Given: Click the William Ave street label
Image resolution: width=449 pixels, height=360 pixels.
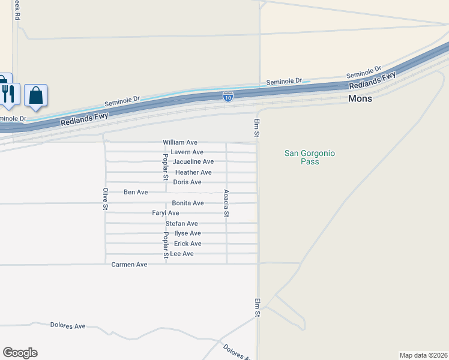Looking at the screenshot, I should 180,142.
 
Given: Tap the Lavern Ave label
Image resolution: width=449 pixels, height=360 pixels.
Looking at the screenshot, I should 187,152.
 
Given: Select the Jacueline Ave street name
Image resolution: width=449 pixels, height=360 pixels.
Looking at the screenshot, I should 193,162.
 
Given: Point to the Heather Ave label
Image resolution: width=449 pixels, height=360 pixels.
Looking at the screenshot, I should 193,172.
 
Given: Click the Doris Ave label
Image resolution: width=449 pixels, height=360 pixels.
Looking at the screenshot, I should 187,182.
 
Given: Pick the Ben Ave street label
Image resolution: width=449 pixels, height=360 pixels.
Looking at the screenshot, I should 136,192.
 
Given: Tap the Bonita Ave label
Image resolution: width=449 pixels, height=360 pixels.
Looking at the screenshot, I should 188,203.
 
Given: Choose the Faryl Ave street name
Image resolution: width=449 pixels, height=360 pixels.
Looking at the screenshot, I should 166,213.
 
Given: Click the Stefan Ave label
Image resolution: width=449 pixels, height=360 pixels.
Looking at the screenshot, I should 182,223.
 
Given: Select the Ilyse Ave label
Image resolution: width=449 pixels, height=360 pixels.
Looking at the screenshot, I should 187,233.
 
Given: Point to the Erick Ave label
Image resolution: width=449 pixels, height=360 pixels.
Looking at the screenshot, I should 187,244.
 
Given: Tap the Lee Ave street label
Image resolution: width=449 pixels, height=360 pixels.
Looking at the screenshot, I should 182,254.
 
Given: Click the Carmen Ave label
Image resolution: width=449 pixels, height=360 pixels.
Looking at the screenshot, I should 129,264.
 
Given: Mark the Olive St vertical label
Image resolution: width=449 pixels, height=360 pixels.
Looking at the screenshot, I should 105,199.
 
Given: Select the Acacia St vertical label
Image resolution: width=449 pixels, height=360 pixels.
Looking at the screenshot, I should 226,203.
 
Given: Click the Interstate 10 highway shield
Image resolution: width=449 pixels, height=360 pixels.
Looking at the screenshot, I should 228,96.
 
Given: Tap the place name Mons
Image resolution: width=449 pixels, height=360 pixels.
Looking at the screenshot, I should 360,98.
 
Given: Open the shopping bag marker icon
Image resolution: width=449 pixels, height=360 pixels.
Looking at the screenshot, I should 36,95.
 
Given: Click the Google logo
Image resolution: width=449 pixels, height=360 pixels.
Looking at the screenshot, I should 20,353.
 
